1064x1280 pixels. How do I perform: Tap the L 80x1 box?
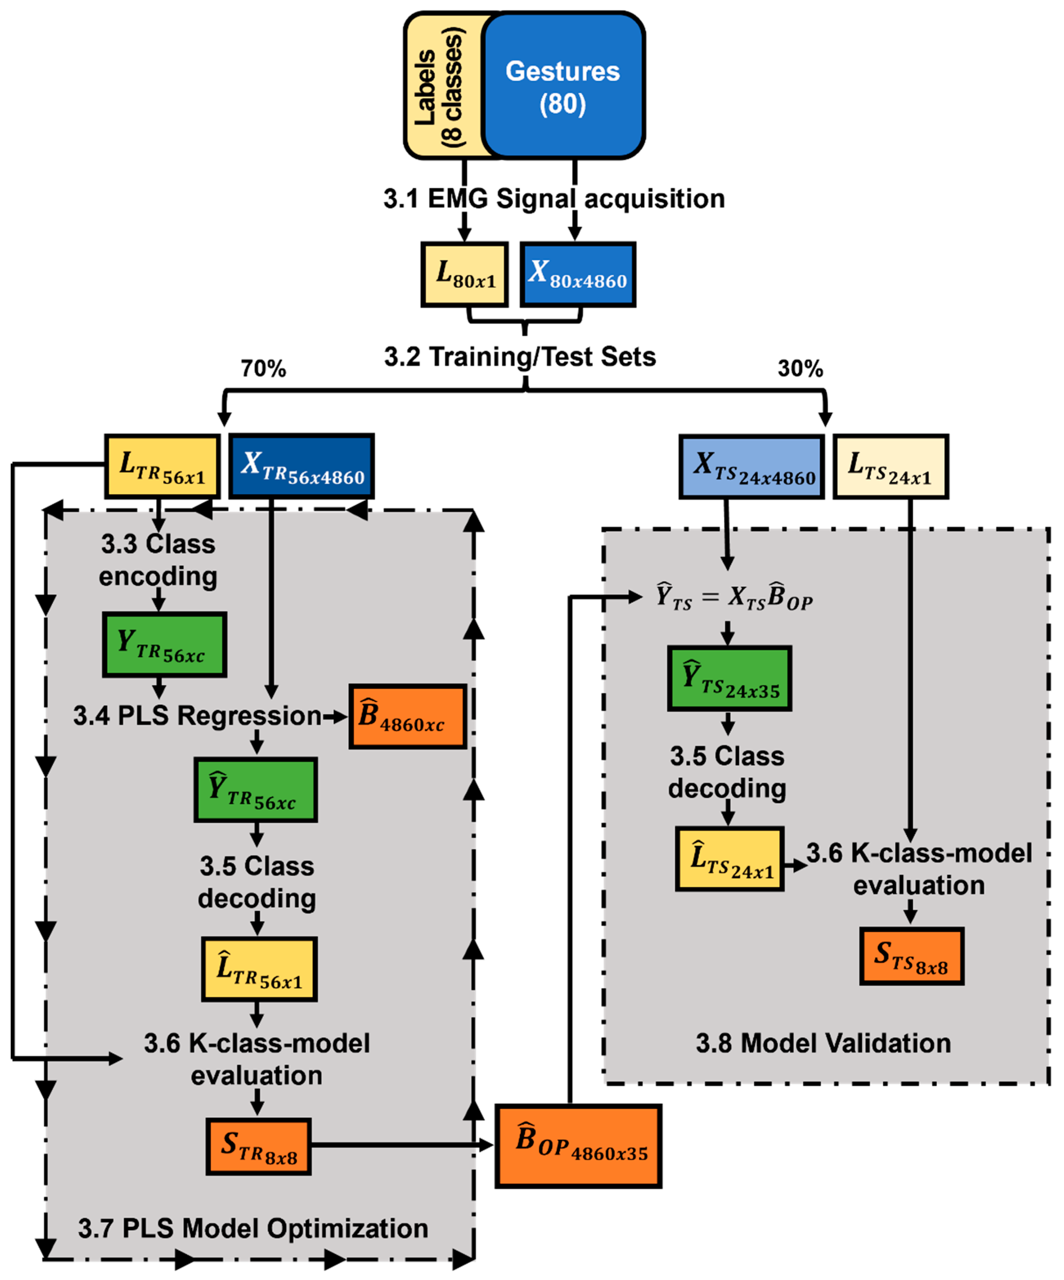pos(464,274)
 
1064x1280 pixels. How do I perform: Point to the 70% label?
pos(263,369)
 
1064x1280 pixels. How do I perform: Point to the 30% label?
pos(800,369)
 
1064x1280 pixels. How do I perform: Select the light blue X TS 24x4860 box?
pos(751,468)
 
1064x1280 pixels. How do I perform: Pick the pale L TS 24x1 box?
pos(890,468)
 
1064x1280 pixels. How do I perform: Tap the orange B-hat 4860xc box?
pos(407,716)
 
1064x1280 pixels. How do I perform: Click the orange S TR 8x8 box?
pos(258,1146)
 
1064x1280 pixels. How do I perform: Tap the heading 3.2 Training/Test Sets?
pos(520,357)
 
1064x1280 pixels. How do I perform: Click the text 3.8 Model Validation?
pos(823,1043)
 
